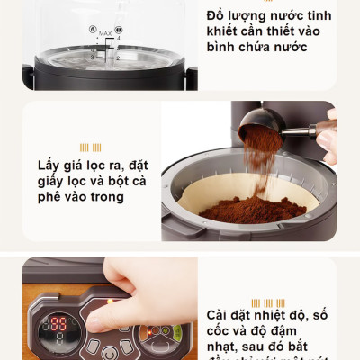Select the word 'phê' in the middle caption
pos(53,196)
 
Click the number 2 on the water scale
pos(117,57)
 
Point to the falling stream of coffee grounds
pos(258,166)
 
